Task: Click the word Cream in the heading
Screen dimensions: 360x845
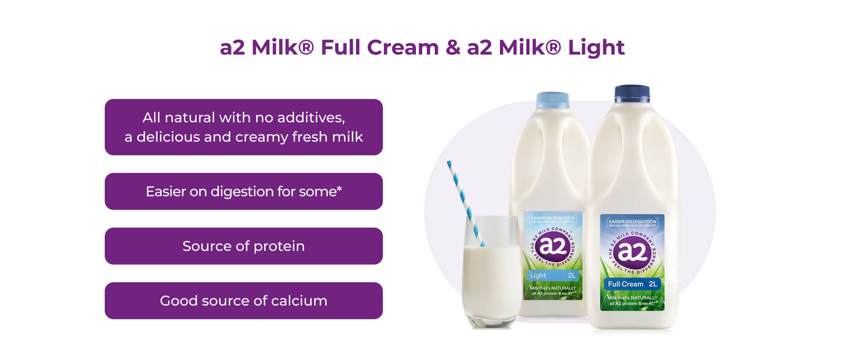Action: point(403,48)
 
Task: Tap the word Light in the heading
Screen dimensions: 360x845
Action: point(596,48)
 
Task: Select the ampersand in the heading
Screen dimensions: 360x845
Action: point(452,48)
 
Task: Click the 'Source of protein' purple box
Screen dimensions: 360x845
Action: point(243,246)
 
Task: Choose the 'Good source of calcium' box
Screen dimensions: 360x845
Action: point(243,301)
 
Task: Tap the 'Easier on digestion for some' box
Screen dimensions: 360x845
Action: point(243,191)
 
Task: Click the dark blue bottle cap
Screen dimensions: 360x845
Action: point(632,92)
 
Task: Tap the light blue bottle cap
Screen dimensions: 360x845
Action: point(552,100)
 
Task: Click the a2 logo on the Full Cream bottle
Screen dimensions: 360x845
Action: point(632,252)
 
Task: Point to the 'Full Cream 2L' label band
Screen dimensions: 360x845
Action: point(632,284)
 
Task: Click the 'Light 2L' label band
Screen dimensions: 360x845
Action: point(552,276)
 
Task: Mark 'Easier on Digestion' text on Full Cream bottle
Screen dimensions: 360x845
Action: point(632,222)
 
